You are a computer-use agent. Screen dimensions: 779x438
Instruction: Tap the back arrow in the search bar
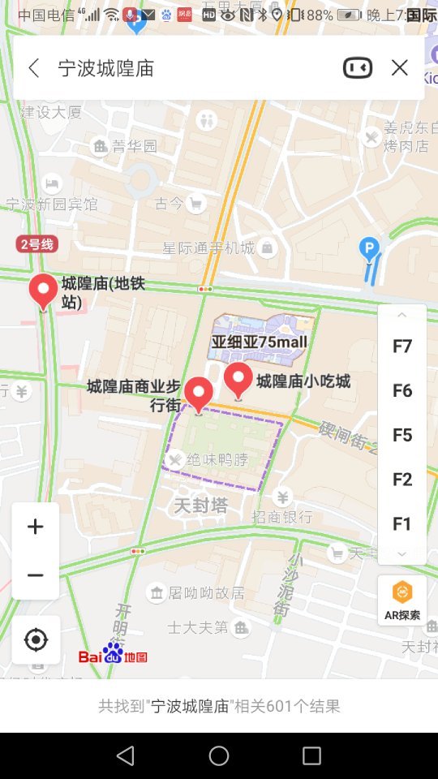pyautogui.click(x=33, y=68)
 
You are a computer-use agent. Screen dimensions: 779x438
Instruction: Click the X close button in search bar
pyautogui.click(x=399, y=68)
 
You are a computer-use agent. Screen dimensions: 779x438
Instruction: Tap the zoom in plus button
pyautogui.click(x=36, y=527)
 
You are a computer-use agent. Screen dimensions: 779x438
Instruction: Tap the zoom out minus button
pyautogui.click(x=36, y=575)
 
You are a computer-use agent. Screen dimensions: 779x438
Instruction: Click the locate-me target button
pyautogui.click(x=36, y=640)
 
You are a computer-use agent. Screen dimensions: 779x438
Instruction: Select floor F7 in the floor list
pyautogui.click(x=402, y=346)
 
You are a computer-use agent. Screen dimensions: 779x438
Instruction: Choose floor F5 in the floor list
pyautogui.click(x=402, y=435)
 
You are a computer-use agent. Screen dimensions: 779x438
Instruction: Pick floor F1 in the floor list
pyautogui.click(x=402, y=523)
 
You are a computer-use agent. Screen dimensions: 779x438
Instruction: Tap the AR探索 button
pyautogui.click(x=402, y=600)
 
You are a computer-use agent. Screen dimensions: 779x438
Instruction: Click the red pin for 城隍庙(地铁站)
pyautogui.click(x=43, y=291)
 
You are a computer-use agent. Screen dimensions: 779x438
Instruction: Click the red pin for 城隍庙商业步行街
pyautogui.click(x=199, y=394)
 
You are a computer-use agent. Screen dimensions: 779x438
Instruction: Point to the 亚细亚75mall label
pyautogui.click(x=260, y=342)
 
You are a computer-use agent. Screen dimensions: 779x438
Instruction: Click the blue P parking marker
pyautogui.click(x=370, y=248)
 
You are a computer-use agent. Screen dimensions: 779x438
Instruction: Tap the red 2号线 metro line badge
pyautogui.click(x=36, y=243)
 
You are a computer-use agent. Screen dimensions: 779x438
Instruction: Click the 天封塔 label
pyautogui.click(x=200, y=506)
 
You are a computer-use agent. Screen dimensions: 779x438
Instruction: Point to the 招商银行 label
pyautogui.click(x=282, y=517)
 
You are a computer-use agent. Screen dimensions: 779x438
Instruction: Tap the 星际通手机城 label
pyautogui.click(x=208, y=247)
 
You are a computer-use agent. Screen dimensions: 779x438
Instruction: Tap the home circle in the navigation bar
pyautogui.click(x=219, y=756)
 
